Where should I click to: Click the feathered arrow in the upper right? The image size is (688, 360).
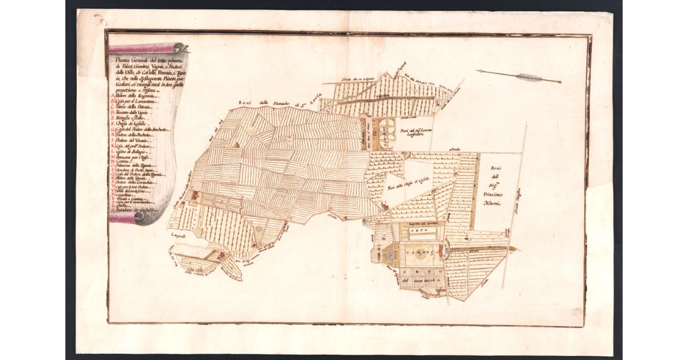(x=519, y=76)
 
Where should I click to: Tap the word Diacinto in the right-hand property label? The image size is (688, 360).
(x=492, y=193)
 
